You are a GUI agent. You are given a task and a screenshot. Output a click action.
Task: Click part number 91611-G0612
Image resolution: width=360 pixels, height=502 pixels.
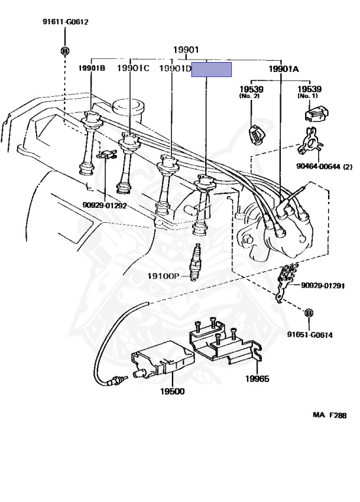[65, 22]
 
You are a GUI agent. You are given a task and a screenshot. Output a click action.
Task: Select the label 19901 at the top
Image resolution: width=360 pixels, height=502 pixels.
[186, 50]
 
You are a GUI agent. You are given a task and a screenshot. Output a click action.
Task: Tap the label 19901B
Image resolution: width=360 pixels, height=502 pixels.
[92, 68]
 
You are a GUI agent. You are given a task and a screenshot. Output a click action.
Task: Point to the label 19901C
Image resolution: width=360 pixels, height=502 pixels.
[133, 68]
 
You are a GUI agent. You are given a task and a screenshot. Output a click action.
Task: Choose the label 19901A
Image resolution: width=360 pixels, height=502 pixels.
[284, 69]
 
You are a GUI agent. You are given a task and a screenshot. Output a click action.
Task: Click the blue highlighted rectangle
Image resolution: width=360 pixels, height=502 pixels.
[212, 69]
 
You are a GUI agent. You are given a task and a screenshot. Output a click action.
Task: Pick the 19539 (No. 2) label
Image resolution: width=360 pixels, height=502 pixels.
[252, 92]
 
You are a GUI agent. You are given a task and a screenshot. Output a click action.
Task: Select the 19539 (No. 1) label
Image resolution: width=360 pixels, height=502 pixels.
[310, 92]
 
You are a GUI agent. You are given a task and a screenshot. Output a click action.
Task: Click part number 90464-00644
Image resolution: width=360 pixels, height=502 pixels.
[324, 167]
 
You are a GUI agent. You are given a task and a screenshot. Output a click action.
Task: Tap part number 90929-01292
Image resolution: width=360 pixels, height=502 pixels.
[105, 205]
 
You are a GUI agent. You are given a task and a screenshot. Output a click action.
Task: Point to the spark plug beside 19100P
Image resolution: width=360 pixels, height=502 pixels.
[195, 262]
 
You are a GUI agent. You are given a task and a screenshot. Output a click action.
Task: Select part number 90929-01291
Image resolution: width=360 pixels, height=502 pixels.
[323, 285]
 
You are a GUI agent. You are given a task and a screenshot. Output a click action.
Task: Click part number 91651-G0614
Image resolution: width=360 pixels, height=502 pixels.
[310, 335]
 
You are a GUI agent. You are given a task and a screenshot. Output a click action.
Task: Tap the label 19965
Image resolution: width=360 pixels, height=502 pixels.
[257, 378]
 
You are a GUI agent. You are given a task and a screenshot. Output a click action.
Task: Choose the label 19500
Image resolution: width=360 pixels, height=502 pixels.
[172, 392]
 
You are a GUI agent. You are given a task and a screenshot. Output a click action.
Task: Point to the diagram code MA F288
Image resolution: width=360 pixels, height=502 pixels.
[329, 415]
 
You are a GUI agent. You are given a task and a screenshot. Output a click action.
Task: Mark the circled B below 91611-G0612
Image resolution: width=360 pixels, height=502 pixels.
[65, 50]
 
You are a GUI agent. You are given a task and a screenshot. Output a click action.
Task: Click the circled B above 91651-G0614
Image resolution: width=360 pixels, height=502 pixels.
[309, 313]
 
